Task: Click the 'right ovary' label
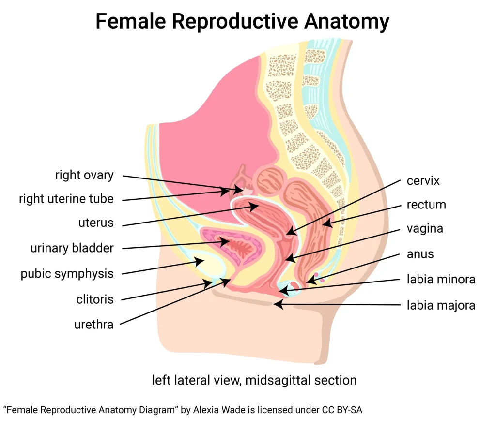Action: pos(84,175)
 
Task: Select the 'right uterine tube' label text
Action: pos(66,198)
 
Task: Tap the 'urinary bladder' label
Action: pos(72,248)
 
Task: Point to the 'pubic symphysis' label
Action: pos(67,273)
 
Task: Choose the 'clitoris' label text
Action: pos(95,299)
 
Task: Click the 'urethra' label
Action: pos(94,324)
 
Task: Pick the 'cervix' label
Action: pos(423,181)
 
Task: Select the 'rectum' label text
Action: pos(426,205)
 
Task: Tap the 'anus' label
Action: pos(420,253)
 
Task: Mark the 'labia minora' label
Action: pos(441,279)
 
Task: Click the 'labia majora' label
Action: pos(441,305)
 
